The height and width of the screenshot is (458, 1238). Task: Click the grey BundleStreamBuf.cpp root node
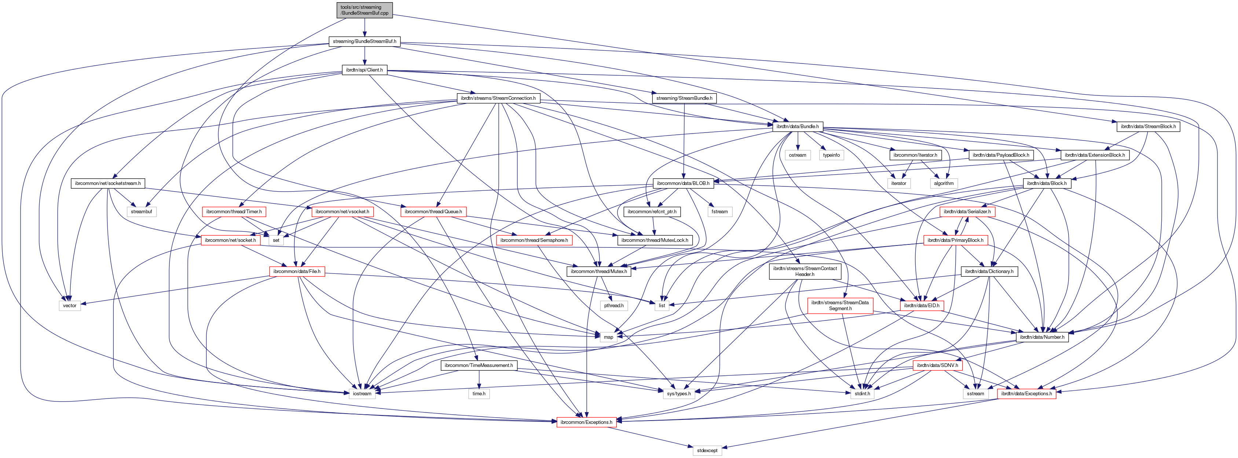coord(364,10)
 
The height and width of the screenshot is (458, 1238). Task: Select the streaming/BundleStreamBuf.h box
coord(364,41)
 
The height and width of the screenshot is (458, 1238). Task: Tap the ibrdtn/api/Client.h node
coord(364,70)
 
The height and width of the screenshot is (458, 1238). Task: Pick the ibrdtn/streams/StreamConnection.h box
coord(498,98)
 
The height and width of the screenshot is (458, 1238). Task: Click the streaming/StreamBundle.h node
coord(684,98)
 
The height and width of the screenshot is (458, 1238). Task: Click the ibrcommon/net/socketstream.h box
coord(108,183)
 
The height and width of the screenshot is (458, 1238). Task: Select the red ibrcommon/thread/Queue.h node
coord(433,212)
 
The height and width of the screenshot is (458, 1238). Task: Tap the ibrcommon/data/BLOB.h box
coord(682,183)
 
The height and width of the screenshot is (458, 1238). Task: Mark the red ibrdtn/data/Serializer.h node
coord(967,212)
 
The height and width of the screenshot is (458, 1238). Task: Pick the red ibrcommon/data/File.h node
coord(297,271)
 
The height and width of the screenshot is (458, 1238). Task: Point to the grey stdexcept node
coord(707,451)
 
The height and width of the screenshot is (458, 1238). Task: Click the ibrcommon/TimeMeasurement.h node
coord(478,366)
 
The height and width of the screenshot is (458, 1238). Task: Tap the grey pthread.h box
coord(614,305)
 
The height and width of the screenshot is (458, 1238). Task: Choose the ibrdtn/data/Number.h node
coord(1042,337)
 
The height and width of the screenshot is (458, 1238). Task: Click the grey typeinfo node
coord(831,155)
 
